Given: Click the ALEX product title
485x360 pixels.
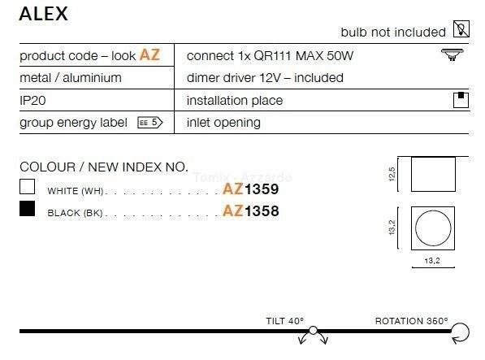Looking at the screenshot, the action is (x=44, y=14).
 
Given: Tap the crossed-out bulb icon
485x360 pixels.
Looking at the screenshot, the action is (x=461, y=29).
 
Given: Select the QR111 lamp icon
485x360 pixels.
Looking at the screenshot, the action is (x=452, y=54).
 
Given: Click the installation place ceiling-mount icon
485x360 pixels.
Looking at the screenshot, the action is (x=461, y=100).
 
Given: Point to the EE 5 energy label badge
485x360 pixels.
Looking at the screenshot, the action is (x=150, y=123).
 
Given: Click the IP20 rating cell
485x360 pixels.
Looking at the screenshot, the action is (x=32, y=101).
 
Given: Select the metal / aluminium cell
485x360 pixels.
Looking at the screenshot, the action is (x=71, y=78).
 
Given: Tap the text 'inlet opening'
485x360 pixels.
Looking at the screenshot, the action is (x=223, y=123).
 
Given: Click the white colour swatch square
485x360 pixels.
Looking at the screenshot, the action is (x=28, y=186).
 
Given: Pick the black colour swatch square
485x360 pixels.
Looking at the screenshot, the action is (x=28, y=209).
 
